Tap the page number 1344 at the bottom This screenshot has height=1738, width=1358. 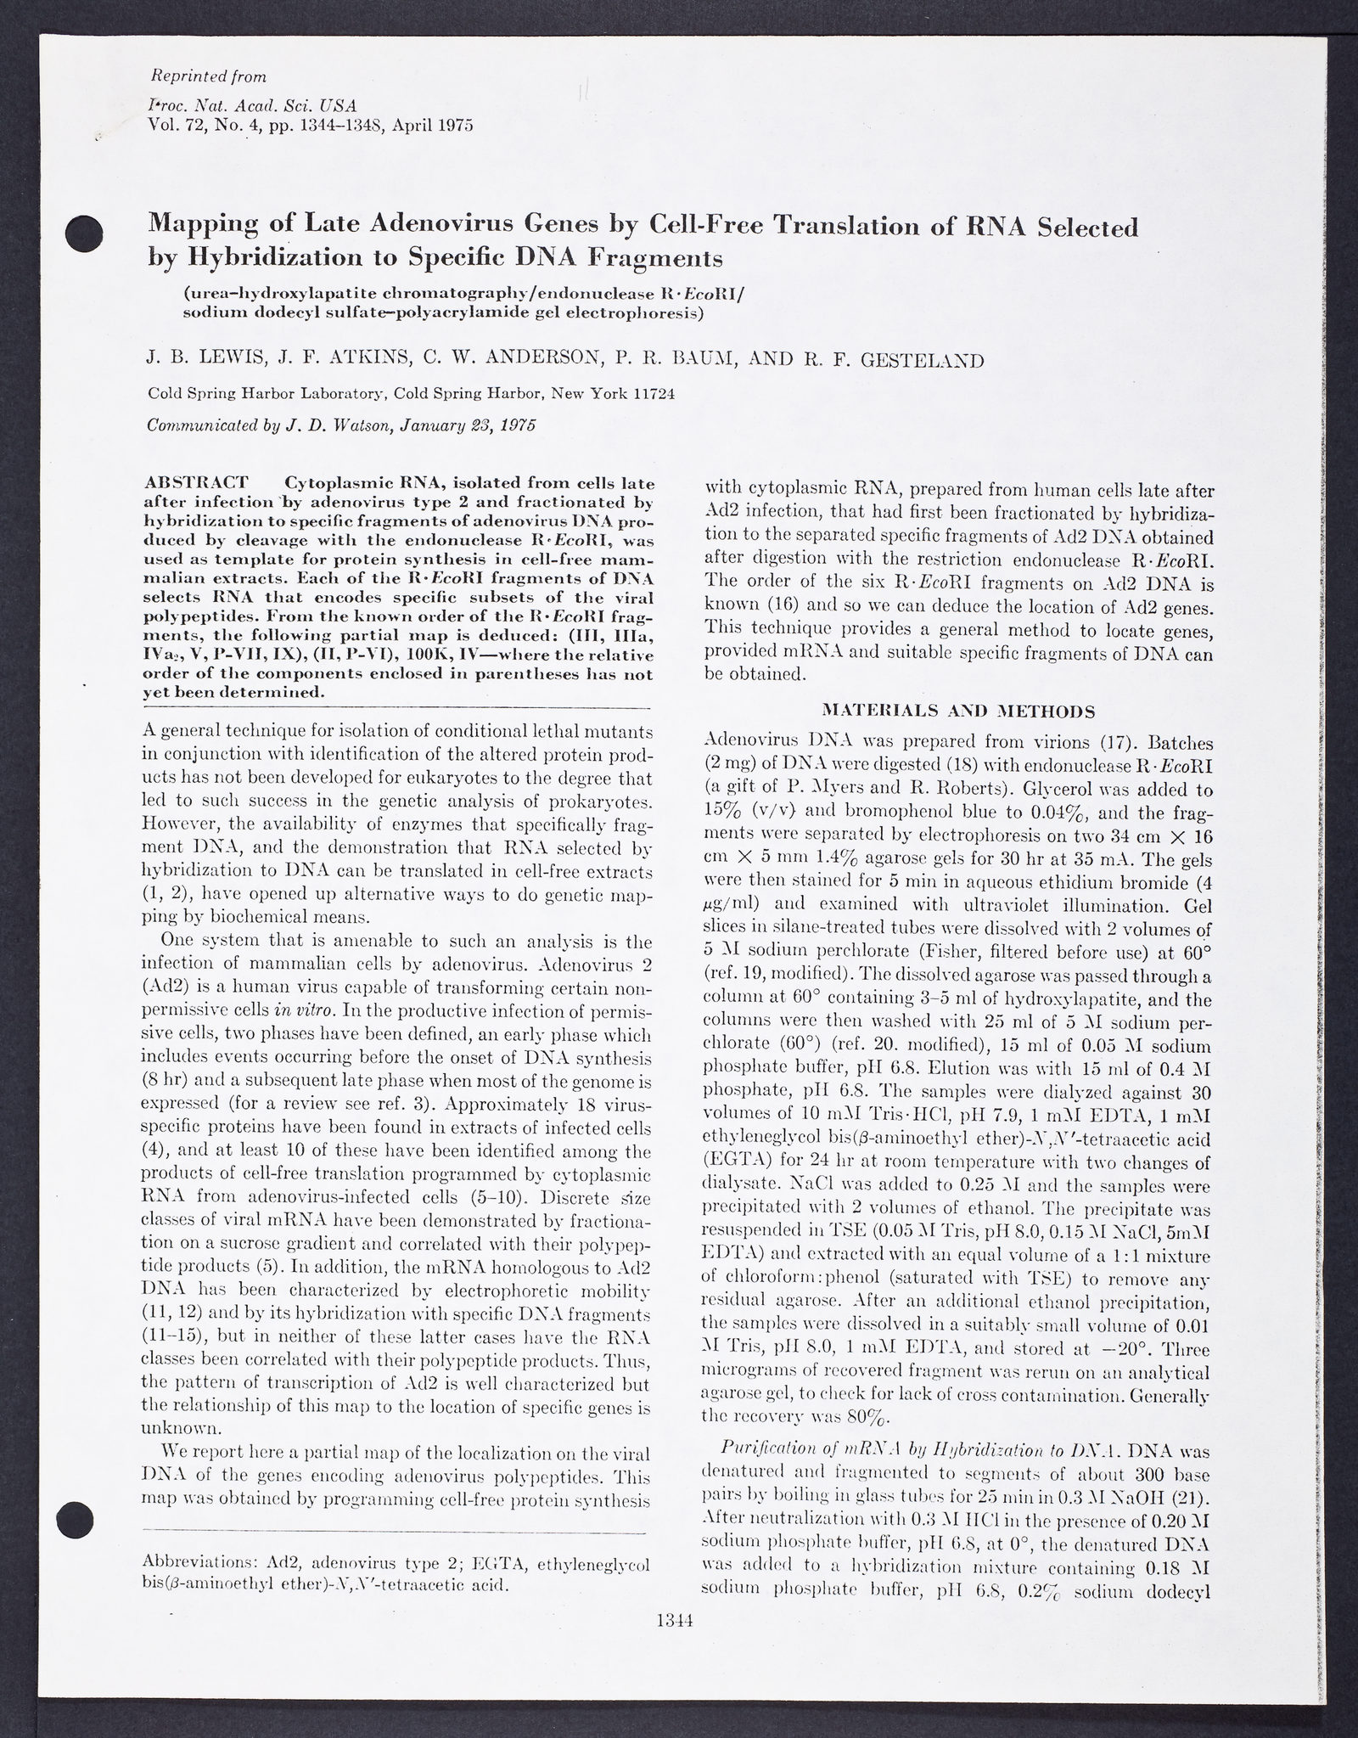click(676, 1644)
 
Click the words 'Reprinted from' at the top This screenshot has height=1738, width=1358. click(208, 76)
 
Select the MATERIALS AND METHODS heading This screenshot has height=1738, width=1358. click(959, 711)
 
